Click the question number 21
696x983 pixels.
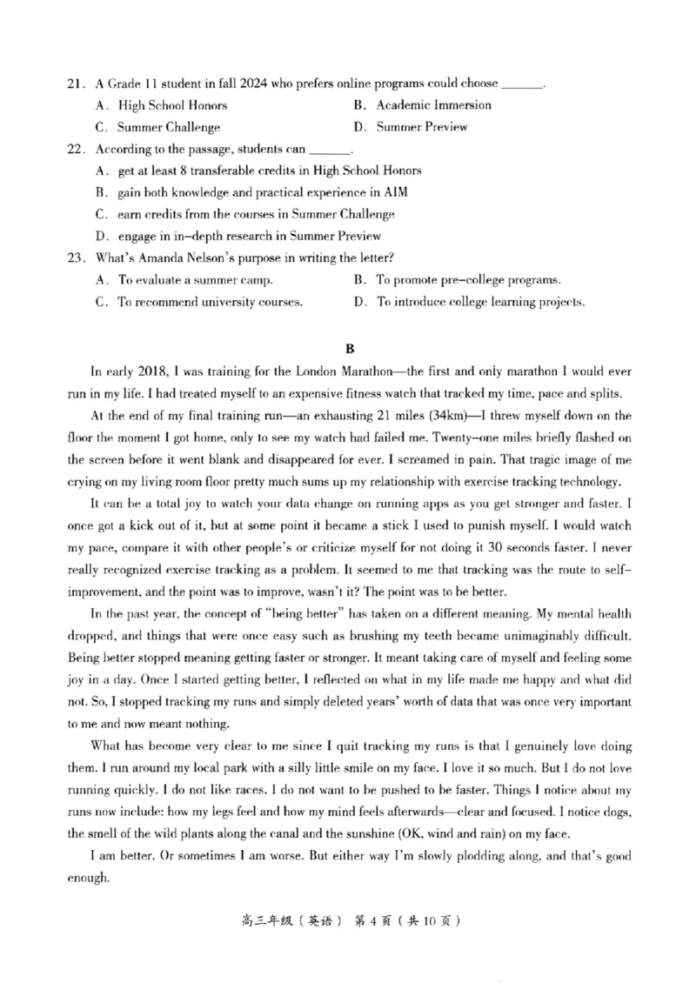coord(75,84)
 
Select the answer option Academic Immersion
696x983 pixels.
coord(433,105)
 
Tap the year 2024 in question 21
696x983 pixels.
coord(251,84)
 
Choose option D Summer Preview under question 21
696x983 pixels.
coord(421,127)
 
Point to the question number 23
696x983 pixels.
coord(75,257)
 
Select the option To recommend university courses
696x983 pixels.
coord(210,302)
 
